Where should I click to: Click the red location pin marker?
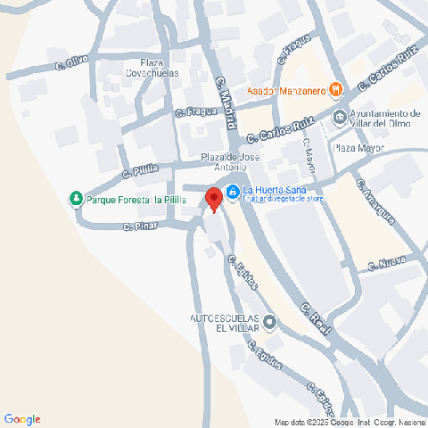coord(213,199)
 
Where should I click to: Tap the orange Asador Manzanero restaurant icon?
coord(335,88)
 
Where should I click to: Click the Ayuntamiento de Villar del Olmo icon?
coord(340,117)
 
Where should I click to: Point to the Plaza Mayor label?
coord(356,148)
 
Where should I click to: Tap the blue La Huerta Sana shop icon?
coord(232,191)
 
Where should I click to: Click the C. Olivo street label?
coord(71,62)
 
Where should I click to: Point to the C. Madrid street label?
coord(223,93)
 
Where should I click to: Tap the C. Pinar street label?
coord(140,228)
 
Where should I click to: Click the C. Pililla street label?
coord(141,170)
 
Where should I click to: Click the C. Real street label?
coord(316,319)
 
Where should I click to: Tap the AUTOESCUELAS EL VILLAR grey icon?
coord(270,321)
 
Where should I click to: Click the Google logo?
coord(22,419)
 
